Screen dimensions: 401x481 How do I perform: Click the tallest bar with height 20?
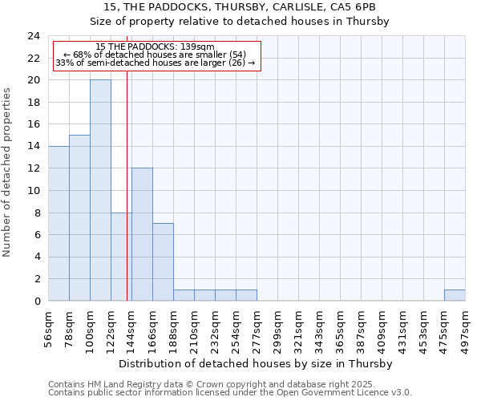tap(100, 190)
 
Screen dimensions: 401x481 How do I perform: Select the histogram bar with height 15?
tap(79, 217)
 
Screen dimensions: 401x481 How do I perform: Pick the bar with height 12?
tap(142, 234)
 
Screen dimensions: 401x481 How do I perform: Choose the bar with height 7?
tap(163, 261)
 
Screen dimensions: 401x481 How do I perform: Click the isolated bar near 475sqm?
tap(455, 295)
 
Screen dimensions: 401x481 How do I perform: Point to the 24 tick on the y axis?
tap(34, 36)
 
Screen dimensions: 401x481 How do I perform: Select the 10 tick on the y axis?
tap(34, 191)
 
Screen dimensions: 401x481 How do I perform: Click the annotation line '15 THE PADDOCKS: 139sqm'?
tap(155, 47)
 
